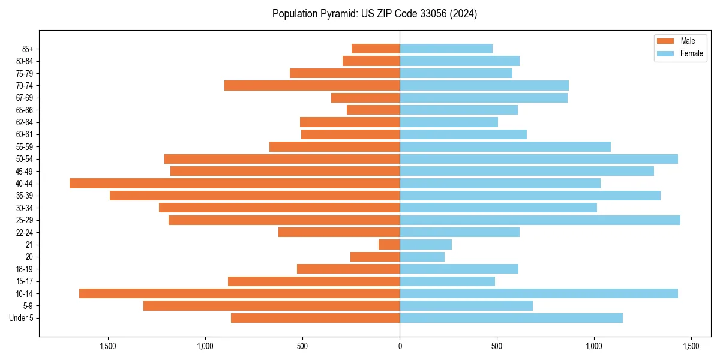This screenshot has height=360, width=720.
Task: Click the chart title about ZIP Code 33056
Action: click(374, 14)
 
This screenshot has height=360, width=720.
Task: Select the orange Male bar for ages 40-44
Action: click(235, 184)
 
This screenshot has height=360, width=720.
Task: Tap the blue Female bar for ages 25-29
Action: click(540, 220)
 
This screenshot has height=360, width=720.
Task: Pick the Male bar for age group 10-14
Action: click(239, 293)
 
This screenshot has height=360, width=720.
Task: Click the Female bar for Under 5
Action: click(511, 318)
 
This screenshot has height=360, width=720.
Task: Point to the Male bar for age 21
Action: click(389, 245)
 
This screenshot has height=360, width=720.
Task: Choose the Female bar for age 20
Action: click(422, 257)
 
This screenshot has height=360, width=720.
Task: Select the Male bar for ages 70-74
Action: click(312, 86)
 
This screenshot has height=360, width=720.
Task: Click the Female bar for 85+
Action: click(446, 49)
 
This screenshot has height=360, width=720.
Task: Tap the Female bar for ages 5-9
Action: click(466, 306)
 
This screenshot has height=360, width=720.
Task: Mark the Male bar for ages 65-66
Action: click(373, 110)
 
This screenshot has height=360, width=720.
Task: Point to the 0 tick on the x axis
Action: click(400, 346)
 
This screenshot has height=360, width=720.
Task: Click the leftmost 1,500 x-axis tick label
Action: click(108, 346)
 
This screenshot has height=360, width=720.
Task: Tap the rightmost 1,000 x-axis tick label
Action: click(594, 346)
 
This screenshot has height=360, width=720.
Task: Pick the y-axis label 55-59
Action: click(24, 147)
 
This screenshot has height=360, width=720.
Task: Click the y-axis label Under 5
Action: click(21, 318)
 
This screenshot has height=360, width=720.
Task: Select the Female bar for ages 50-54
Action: click(539, 159)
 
